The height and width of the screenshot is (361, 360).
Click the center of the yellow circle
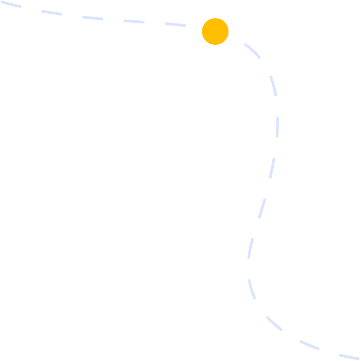215,31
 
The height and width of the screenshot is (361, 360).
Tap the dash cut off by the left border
10,4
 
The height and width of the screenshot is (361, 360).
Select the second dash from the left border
51,13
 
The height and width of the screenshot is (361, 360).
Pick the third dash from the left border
93,18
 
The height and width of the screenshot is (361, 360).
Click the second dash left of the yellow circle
134,21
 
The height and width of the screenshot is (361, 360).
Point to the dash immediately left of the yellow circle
175,24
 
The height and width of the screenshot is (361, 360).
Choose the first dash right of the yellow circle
252,51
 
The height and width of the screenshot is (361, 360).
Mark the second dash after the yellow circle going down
273,86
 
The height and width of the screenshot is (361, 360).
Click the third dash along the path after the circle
277,127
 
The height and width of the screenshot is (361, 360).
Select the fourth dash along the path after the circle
272,168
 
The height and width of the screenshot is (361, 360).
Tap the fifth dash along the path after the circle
261,208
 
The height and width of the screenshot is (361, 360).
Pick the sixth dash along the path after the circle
250,248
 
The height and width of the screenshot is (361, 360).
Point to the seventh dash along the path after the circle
251,289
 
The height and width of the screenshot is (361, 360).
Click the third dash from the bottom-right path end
274,323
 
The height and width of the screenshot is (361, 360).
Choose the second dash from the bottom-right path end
309,345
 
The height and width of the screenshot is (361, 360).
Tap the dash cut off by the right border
349,357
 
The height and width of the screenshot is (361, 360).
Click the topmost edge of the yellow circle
215,18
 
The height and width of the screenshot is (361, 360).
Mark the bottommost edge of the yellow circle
215,45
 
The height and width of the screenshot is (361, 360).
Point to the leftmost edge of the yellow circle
202,31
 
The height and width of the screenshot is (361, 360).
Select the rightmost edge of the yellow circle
228,31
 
